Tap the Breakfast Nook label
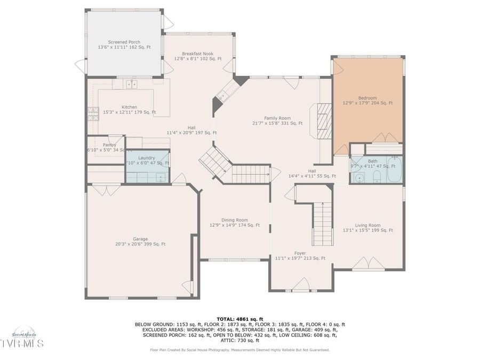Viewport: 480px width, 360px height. tap(198, 56)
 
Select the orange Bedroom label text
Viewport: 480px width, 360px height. tap(367, 100)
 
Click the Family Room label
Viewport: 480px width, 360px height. tap(277, 121)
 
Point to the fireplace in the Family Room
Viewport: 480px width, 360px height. tap(323, 121)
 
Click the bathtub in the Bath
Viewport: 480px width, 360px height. tap(394, 171)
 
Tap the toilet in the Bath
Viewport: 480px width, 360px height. tap(376, 176)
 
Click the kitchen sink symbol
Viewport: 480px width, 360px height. tap(131, 84)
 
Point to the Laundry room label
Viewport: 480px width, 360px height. tap(147, 161)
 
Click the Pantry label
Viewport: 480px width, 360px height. tap(110, 147)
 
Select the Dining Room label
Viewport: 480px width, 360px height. tap(235, 222)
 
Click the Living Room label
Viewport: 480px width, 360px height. tap(367, 228)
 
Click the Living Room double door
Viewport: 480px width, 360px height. tap(367, 263)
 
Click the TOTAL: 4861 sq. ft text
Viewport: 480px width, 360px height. tap(239, 318)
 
